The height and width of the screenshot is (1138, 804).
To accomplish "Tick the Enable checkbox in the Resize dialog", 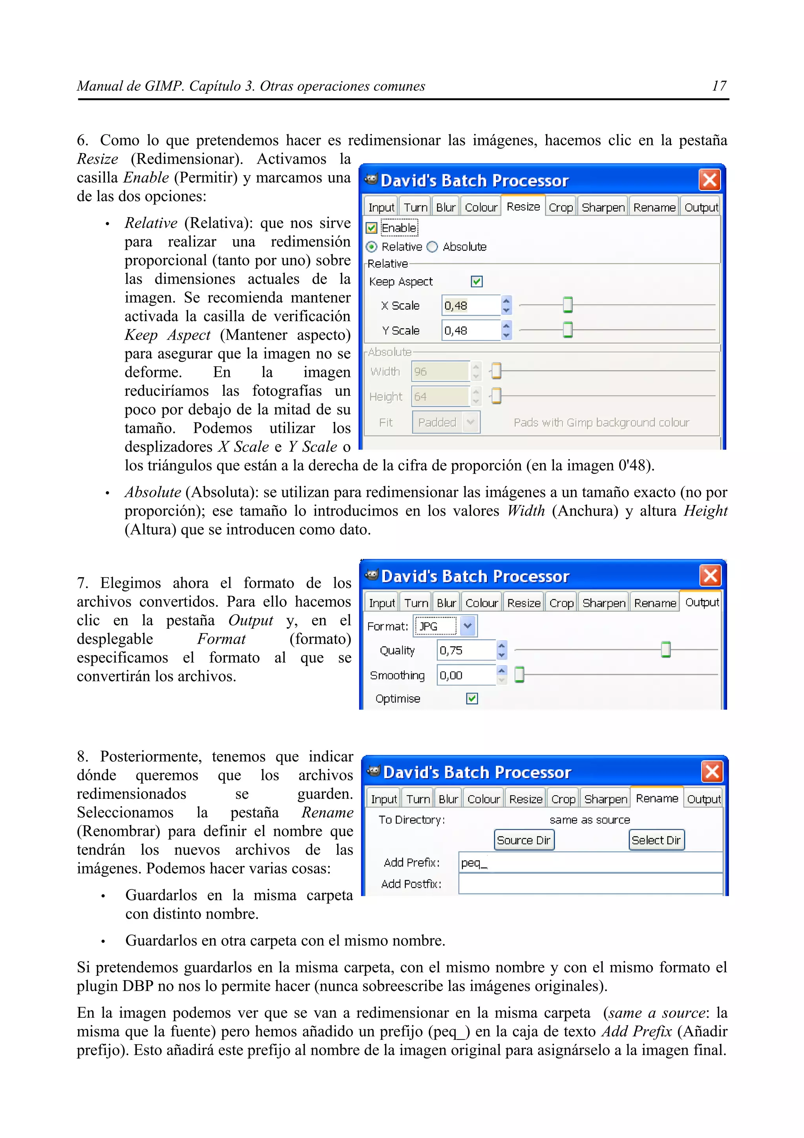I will (x=371, y=228).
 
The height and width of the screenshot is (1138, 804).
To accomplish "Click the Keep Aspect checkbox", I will (x=477, y=282).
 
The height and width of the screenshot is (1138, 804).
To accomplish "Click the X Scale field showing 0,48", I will (x=470, y=306).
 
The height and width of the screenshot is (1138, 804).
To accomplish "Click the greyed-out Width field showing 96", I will (x=439, y=371).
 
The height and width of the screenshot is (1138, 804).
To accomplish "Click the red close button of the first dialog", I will (x=709, y=180).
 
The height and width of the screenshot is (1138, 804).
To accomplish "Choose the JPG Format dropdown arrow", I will (x=467, y=626).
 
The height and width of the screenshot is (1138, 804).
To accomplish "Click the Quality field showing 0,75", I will (x=466, y=650).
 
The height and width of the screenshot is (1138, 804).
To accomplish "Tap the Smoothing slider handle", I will (x=519, y=675).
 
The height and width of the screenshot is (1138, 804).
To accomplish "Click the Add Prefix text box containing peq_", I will (x=590, y=862).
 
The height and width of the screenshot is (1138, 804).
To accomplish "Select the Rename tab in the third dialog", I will (x=657, y=798).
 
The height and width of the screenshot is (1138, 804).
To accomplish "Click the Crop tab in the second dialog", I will (x=561, y=603).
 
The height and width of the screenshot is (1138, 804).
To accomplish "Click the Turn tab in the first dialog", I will (x=415, y=207).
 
